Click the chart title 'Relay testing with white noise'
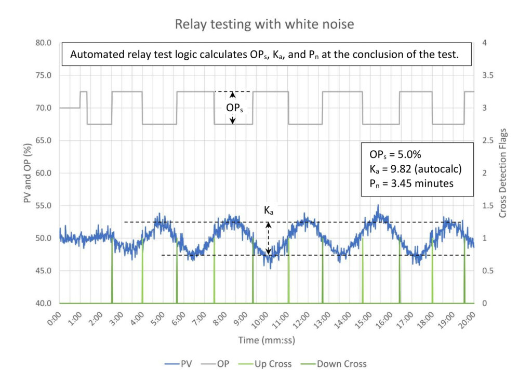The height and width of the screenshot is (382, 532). tap(264, 24)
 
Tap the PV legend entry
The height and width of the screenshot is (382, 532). tap(179, 364)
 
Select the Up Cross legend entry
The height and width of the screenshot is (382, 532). tap(265, 364)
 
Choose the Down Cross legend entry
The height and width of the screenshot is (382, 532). tap(334, 364)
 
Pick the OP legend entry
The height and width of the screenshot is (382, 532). tap(215, 364)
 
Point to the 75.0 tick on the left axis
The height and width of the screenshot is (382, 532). tap(44, 75)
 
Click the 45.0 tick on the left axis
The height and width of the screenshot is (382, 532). tap(44, 271)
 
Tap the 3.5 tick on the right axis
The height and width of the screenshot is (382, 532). tap(488, 75)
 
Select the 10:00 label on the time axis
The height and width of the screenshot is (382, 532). tap(260, 321)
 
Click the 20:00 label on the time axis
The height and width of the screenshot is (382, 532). tap(467, 321)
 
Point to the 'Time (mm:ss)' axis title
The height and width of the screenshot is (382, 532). tap(267, 340)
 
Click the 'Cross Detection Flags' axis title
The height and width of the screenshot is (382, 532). tap(503, 173)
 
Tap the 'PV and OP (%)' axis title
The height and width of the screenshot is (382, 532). tap(28, 173)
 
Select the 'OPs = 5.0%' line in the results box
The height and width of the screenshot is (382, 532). tap(395, 155)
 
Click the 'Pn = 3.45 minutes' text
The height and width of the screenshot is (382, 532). tap(411, 183)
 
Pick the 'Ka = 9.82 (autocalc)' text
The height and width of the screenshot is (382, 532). tap(416, 169)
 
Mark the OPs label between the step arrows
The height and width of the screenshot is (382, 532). tap(234, 108)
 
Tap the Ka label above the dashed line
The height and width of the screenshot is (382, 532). tap(269, 210)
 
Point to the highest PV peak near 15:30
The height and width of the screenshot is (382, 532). tap(378, 205)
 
